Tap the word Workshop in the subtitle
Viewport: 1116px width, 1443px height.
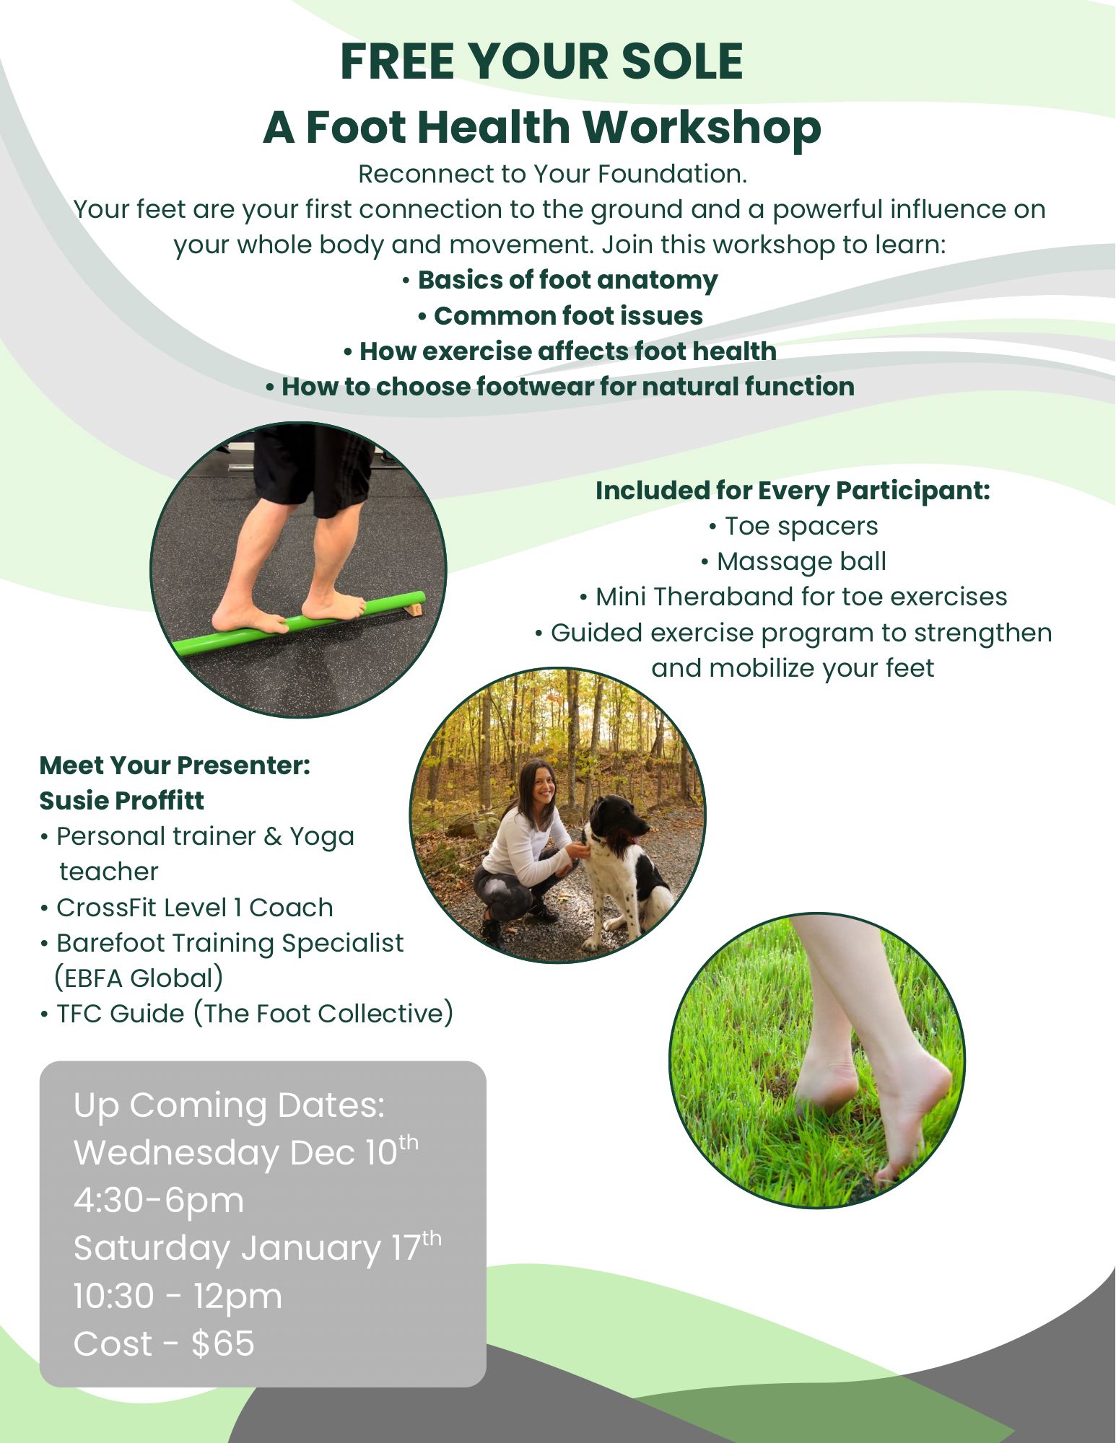click(x=702, y=127)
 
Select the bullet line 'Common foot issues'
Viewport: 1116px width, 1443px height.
click(x=560, y=316)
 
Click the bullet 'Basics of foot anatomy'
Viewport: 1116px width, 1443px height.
click(x=560, y=280)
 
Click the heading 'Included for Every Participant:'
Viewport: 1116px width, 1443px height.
click(x=793, y=491)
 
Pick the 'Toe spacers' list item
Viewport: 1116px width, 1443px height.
click(x=793, y=526)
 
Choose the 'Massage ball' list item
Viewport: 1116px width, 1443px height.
click(x=793, y=561)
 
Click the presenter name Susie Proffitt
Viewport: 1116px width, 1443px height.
click(x=121, y=801)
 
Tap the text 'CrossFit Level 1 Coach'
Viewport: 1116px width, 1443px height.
click(x=187, y=908)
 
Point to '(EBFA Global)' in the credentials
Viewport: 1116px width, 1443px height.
click(x=139, y=978)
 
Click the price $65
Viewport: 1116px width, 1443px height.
click(x=223, y=1344)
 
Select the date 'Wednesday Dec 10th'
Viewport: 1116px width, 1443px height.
click(x=246, y=1152)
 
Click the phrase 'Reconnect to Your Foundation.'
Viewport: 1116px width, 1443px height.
click(x=553, y=174)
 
